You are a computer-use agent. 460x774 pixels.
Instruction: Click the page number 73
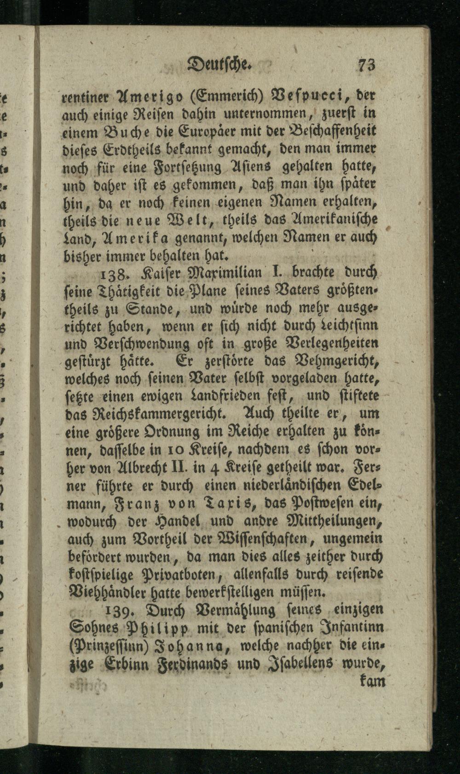tap(368, 65)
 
